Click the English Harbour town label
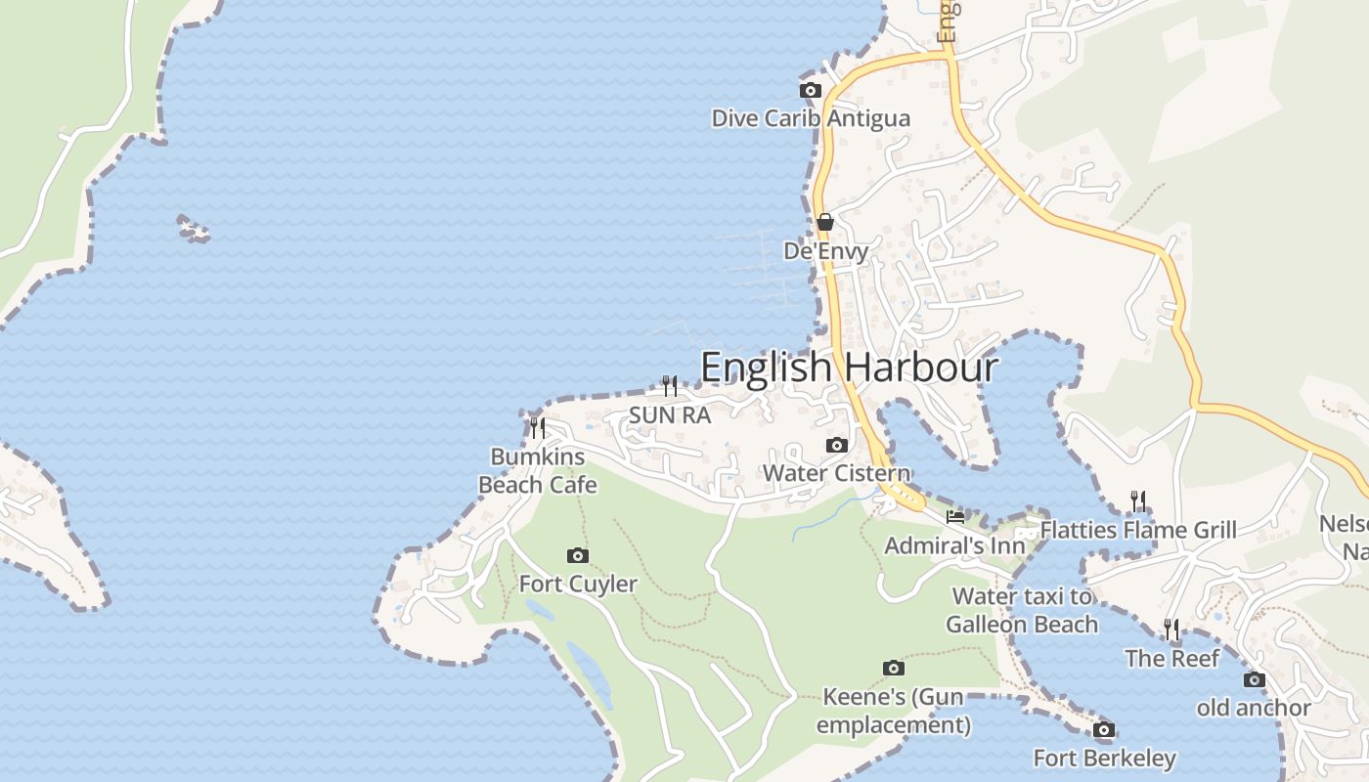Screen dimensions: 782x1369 [849, 368]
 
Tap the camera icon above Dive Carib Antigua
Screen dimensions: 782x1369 [810, 91]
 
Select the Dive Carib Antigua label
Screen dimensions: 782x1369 [811, 118]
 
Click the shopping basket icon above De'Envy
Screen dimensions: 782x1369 [825, 222]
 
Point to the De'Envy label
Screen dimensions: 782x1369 [826, 251]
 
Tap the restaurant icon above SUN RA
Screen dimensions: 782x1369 [669, 385]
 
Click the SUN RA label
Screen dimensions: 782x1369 [669, 414]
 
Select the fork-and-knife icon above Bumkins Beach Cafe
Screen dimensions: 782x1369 [537, 427]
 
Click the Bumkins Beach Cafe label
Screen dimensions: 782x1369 [537, 470]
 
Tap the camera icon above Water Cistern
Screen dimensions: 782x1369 [836, 446]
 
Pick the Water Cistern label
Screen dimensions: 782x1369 [836, 473]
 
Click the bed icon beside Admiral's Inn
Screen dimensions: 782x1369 [955, 516]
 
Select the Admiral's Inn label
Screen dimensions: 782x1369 [954, 545]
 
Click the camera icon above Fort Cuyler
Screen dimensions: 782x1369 [578, 556]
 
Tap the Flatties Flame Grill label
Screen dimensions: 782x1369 [1138, 530]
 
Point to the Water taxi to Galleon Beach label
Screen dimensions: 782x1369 [1022, 610]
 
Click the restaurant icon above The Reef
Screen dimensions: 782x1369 [1171, 629]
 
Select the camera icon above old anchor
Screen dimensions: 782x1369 [1254, 680]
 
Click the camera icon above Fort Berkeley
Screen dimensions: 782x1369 [1104, 730]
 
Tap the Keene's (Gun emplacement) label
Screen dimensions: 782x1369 [893, 711]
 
